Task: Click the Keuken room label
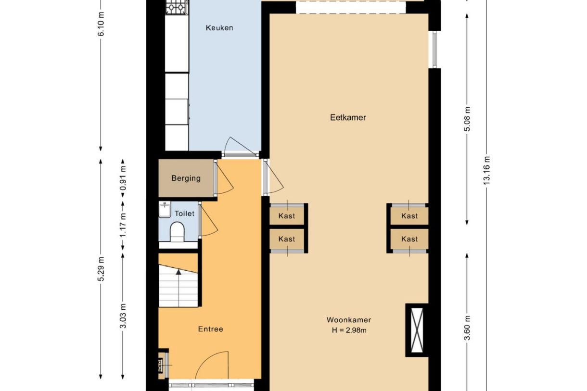(219, 28)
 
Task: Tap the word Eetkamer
(348, 117)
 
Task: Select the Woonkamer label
(349, 320)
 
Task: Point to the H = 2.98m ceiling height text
(349, 330)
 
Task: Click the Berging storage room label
(186, 178)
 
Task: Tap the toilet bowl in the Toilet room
(177, 232)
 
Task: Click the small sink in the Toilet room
(165, 209)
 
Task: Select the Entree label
(211, 329)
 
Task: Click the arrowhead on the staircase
(179, 272)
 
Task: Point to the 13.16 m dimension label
(486, 170)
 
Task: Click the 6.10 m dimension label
(101, 24)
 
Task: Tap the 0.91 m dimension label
(123, 178)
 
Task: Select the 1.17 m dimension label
(123, 225)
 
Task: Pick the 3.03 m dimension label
(123, 316)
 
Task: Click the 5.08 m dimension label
(467, 119)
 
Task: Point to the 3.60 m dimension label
(467, 328)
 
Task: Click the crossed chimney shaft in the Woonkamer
(417, 330)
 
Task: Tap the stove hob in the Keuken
(177, 7)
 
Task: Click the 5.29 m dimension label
(101, 269)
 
